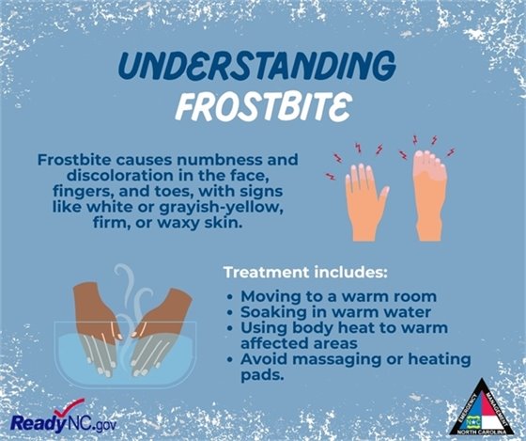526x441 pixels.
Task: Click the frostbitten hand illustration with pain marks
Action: [x=366, y=196]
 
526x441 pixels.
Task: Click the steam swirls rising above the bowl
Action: [x=131, y=291]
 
